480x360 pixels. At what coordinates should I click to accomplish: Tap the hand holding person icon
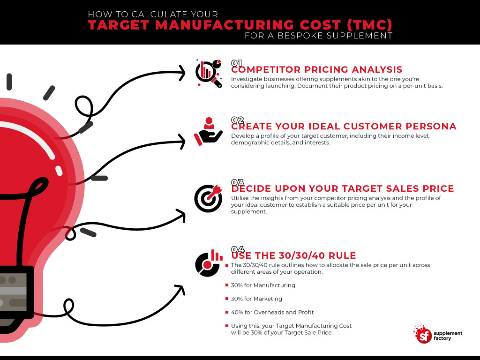click(208, 131)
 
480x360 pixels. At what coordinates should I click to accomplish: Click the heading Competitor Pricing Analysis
click(317, 70)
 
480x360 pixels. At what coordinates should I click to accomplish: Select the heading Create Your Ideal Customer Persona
click(344, 126)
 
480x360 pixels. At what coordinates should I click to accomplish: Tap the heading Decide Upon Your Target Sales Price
click(342, 188)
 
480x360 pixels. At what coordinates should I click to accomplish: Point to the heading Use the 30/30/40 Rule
click(293, 255)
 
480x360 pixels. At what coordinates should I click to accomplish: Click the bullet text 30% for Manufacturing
click(263, 285)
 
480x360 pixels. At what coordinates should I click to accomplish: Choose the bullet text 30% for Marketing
click(256, 299)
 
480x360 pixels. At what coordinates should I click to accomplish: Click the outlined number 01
click(237, 63)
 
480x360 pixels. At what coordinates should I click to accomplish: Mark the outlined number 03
click(238, 182)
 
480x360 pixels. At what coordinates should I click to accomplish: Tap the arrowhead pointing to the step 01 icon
click(182, 72)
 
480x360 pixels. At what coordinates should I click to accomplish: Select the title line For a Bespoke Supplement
click(318, 36)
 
